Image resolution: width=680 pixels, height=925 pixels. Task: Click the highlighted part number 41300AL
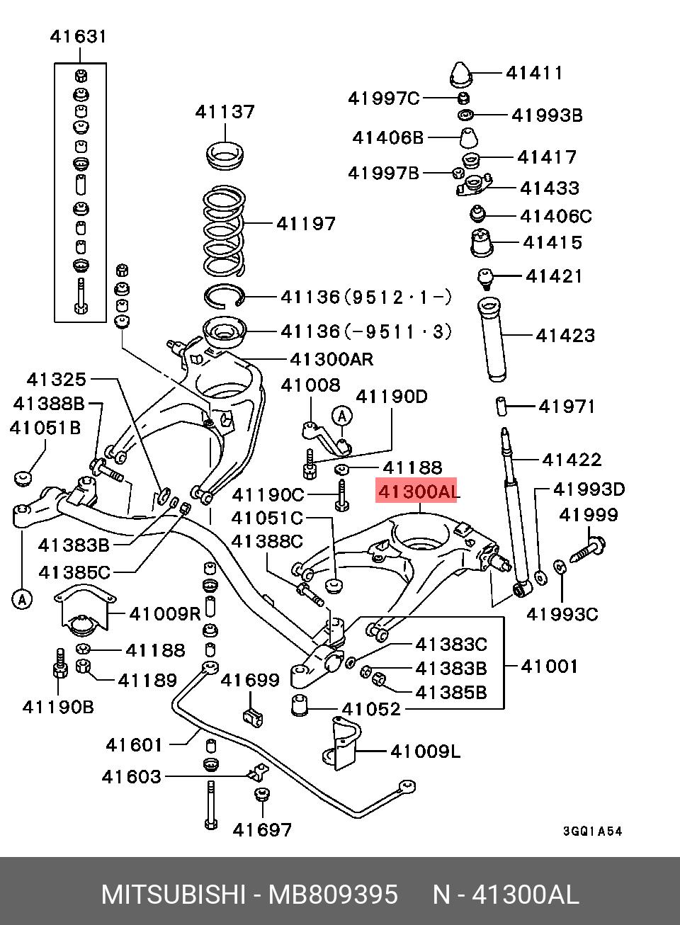417,490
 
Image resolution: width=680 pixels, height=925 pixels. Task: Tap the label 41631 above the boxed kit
78,36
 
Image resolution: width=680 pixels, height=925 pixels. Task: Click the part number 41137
225,111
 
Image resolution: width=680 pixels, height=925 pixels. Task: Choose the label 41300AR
331,359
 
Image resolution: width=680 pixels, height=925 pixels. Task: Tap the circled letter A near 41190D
342,415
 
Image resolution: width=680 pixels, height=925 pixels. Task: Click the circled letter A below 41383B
21,599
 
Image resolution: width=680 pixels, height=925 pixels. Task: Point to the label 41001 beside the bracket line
549,666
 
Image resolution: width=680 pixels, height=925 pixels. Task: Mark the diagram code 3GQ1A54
593,832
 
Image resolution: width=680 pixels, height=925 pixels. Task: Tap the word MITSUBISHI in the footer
172,895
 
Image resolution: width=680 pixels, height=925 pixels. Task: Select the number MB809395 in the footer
332,895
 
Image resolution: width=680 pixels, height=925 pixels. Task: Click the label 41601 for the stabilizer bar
135,744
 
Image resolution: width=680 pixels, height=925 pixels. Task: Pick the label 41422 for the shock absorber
572,460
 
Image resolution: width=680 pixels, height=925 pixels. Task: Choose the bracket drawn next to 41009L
340,745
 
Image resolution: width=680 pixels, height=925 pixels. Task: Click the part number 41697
262,829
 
